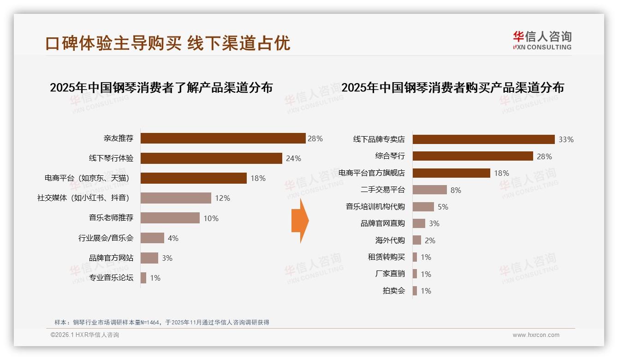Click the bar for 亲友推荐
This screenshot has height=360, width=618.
point(223,138)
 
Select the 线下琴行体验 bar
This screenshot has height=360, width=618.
point(211,158)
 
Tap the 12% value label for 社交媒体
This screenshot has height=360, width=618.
point(222,198)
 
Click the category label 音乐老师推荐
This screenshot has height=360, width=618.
point(111,218)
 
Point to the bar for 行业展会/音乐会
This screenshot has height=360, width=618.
point(152,238)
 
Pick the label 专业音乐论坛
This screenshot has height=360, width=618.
point(111,278)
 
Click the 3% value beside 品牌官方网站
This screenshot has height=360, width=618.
point(167,258)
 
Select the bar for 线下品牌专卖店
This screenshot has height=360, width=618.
point(483,139)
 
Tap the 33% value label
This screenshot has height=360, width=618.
point(566,139)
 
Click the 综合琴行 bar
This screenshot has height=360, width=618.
point(473,156)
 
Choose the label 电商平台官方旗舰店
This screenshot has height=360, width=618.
point(372,173)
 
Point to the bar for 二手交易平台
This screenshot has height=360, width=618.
point(429,190)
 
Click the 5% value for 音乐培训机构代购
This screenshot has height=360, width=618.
point(443,207)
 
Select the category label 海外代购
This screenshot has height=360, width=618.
point(390,240)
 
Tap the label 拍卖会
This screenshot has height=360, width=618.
point(393,291)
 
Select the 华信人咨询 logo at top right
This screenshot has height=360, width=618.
point(542,40)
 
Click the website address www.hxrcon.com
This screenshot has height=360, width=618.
point(536,335)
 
